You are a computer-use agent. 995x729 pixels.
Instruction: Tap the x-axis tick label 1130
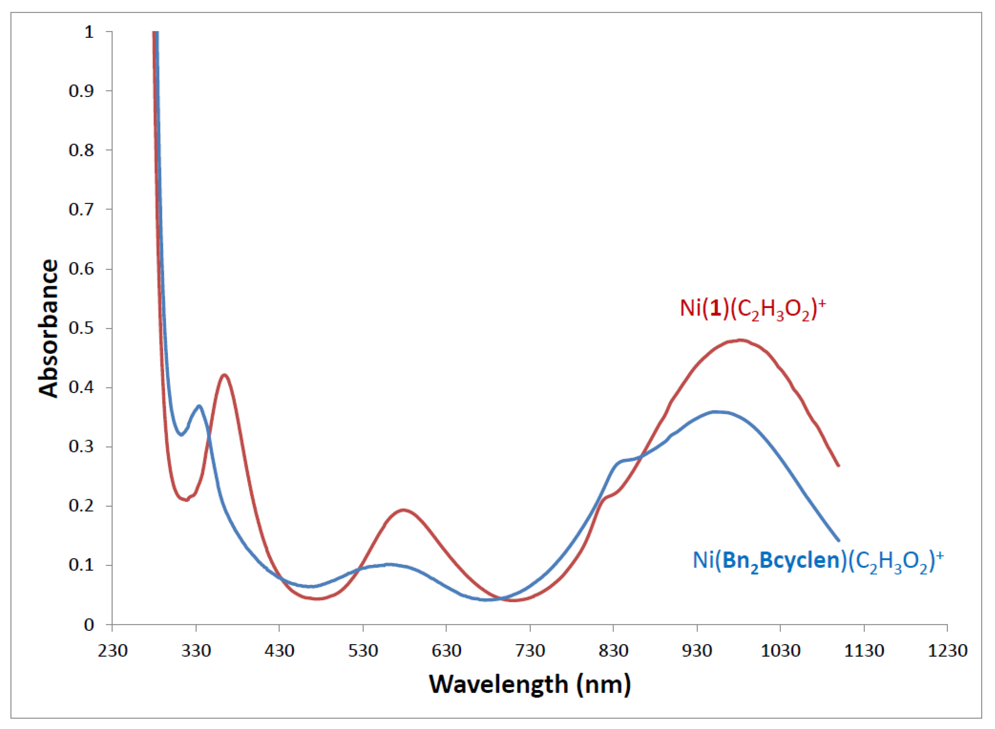click(x=864, y=651)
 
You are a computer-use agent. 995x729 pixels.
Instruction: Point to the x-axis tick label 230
click(x=113, y=651)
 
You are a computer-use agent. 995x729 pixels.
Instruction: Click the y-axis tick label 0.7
click(x=82, y=209)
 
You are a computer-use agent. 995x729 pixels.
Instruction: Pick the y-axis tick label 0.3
click(x=82, y=447)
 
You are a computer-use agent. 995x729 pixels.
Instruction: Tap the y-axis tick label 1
click(x=89, y=32)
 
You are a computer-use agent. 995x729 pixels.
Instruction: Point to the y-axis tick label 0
click(x=89, y=625)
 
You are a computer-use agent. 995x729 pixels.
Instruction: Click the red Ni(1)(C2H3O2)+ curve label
click(x=752, y=308)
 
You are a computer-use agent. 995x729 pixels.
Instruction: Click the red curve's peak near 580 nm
click(x=404, y=510)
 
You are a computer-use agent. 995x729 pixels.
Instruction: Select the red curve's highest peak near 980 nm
click(x=741, y=340)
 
